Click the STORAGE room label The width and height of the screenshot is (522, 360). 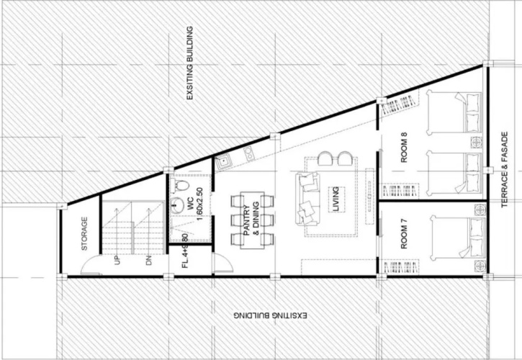84,233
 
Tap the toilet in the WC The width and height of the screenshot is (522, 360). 179,185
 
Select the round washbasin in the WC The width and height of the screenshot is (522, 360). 176,204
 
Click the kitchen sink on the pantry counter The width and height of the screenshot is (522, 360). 223,162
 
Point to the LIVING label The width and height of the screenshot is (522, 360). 336,199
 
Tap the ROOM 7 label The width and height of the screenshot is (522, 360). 404,237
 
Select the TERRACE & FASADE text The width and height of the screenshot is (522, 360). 505,169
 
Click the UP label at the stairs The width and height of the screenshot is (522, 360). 117,260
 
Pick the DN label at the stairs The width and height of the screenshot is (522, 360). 148,260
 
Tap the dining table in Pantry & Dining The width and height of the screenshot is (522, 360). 252,220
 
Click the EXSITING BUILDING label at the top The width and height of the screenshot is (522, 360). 189,63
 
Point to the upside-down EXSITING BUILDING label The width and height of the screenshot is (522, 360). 270,315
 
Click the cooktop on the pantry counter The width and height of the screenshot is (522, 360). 248,153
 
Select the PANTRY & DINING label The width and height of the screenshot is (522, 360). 252,218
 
